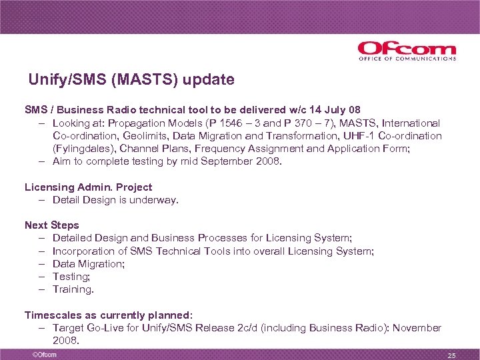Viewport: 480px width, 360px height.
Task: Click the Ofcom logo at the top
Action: coord(406,51)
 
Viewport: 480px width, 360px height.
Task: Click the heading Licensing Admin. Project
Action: coord(88,187)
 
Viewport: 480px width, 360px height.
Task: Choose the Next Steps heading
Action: coord(52,225)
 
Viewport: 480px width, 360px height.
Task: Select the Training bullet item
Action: coord(73,289)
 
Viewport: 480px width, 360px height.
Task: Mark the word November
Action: coord(417,327)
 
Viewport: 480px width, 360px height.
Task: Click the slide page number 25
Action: coord(451,355)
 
